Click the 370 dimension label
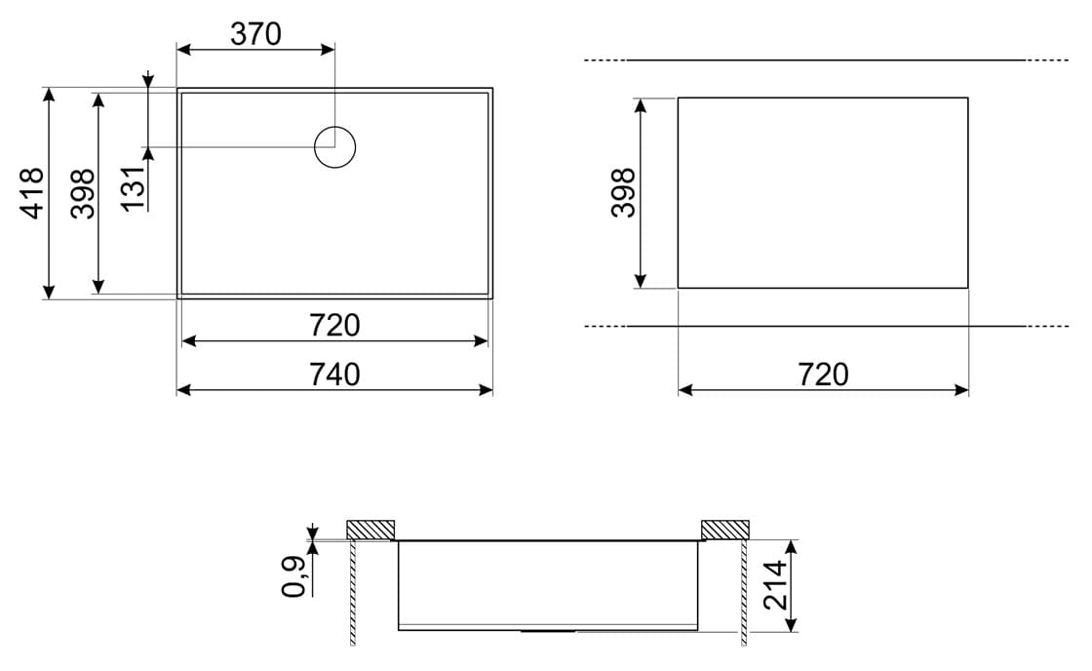click(255, 33)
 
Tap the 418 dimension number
click(33, 193)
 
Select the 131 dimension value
click(133, 188)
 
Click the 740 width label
click(334, 375)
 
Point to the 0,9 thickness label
click(293, 577)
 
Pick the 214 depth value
click(775, 585)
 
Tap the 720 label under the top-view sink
click(334, 326)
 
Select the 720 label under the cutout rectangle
click(823, 375)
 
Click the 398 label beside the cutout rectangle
click(623, 193)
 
